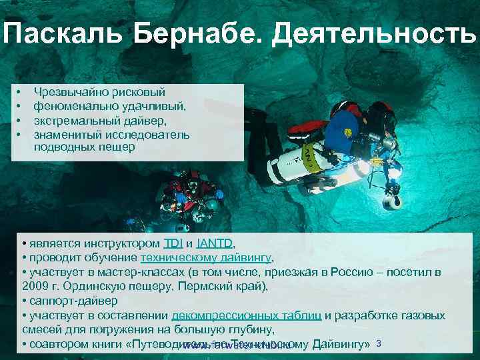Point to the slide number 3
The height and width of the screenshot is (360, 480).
(378, 343)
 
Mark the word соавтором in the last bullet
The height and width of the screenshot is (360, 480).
(54, 345)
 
